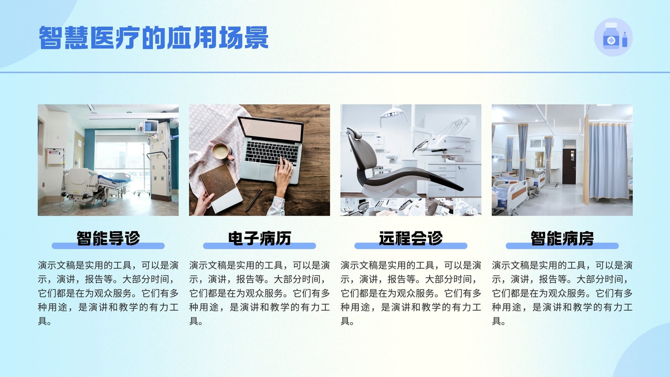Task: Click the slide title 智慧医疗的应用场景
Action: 154,38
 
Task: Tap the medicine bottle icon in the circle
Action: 613,37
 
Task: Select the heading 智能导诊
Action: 108,238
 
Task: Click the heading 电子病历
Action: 260,238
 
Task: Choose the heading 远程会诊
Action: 411,238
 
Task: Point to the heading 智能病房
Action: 562,238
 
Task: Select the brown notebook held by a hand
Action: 221,188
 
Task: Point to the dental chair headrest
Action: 354,134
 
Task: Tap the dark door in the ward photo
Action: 569,166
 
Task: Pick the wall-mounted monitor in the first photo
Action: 150,127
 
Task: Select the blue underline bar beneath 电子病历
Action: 260,246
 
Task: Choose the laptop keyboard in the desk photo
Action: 272,152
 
